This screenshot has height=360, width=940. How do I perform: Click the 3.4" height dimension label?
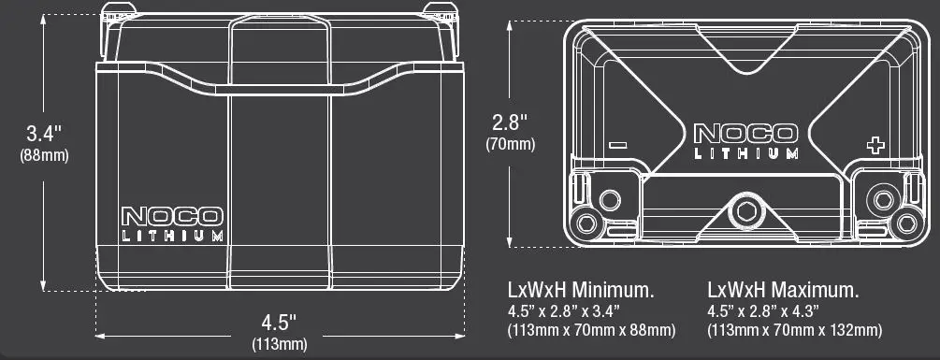coord(44,133)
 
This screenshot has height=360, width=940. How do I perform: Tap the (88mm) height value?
coord(44,155)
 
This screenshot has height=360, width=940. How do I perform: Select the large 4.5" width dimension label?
coord(279,323)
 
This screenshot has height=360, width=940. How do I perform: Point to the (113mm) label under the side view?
coord(280,344)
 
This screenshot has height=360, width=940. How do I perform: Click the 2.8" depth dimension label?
coord(510,122)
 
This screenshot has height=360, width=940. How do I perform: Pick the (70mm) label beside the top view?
coord(510,144)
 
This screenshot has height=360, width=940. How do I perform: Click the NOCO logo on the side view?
coord(172,216)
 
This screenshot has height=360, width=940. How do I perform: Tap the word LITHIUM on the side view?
coord(173,236)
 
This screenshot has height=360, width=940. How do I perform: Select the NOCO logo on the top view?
coord(745,134)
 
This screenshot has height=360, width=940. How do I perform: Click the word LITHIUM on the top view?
coord(746,153)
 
